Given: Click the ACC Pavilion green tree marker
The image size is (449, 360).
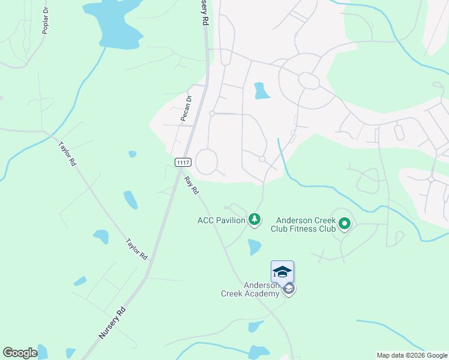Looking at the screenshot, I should (x=255, y=220).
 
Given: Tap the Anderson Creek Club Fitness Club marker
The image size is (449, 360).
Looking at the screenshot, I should (x=345, y=225).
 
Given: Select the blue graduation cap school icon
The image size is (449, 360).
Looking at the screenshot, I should (x=282, y=272).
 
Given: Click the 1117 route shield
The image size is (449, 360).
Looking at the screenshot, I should (x=183, y=163).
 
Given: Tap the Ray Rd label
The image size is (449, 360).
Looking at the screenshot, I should (x=191, y=185).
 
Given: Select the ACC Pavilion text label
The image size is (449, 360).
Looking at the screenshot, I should (x=221, y=220).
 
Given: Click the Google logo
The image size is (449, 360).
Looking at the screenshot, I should (x=20, y=353).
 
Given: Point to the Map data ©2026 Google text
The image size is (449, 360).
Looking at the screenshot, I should (x=412, y=355).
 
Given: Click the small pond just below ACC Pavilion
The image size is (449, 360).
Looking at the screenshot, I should (x=255, y=247).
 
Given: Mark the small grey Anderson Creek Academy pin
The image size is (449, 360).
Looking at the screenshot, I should (x=289, y=289).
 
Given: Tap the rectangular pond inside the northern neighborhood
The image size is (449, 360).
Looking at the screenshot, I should (x=261, y=91).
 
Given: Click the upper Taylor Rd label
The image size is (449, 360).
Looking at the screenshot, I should (x=67, y=154).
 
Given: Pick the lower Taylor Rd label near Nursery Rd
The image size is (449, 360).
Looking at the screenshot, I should (x=137, y=249).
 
